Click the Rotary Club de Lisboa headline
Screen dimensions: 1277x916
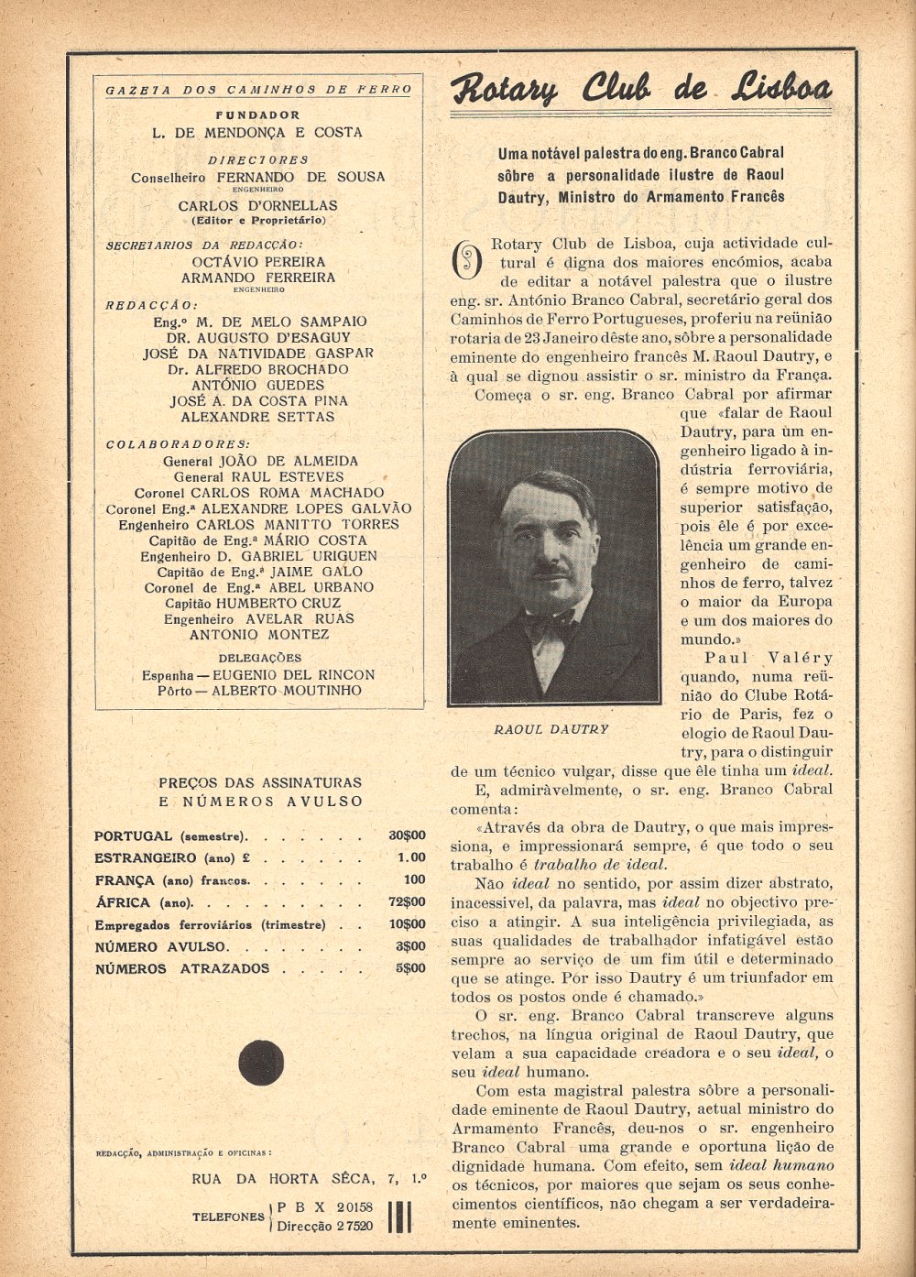click(641, 89)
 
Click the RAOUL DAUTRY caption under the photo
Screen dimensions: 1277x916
click(551, 729)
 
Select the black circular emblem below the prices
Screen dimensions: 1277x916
click(261, 1062)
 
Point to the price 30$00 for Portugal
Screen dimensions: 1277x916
click(407, 835)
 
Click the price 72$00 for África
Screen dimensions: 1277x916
click(407, 902)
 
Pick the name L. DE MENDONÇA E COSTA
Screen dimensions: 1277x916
click(257, 133)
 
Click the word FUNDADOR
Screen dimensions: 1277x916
click(257, 115)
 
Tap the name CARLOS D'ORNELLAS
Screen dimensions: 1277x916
click(257, 206)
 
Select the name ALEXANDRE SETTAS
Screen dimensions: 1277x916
click(257, 417)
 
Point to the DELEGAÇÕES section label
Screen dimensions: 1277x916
click(259, 658)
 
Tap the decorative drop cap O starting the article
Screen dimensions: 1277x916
click(467, 260)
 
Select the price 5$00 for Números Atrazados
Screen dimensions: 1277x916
click(409, 968)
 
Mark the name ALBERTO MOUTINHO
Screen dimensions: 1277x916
click(287, 691)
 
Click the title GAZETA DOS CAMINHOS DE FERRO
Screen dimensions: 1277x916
click(258, 90)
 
